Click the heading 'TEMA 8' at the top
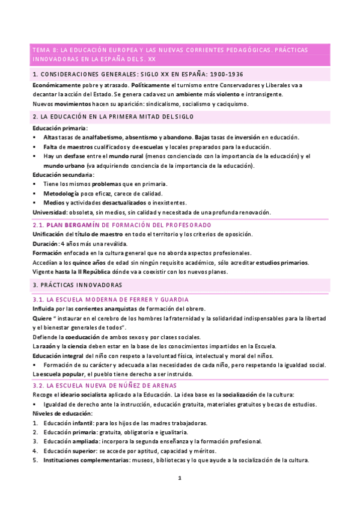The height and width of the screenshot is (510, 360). coord(43,49)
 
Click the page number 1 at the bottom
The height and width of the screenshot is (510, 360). coord(180,478)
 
